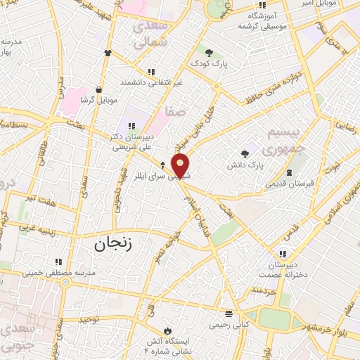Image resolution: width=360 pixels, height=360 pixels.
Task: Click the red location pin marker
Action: pyautogui.click(x=181, y=165)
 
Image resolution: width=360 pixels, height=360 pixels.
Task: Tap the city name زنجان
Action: pyautogui.click(x=112, y=244)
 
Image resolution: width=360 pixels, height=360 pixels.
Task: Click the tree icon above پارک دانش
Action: pyautogui.click(x=245, y=154)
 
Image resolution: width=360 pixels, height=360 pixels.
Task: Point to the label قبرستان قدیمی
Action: pyautogui.click(x=288, y=184)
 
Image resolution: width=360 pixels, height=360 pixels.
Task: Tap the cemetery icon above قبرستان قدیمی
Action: pyautogui.click(x=289, y=172)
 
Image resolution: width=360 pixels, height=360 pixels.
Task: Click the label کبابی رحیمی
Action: pyautogui.click(x=228, y=325)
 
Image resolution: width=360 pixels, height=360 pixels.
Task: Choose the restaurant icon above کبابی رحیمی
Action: pyautogui.click(x=228, y=314)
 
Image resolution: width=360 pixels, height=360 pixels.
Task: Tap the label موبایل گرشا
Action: pyautogui.click(x=97, y=101)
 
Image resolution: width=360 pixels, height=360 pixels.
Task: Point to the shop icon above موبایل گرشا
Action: pyautogui.click(x=98, y=90)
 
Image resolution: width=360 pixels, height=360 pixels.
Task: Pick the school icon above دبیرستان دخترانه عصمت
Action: pyautogui.click(x=283, y=254)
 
